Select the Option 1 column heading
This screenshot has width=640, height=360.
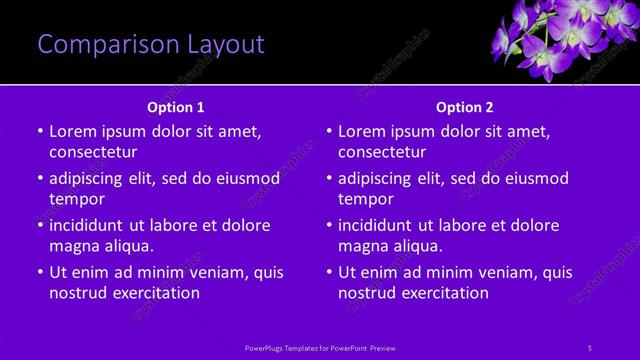176,106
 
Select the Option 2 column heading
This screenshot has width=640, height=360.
465,106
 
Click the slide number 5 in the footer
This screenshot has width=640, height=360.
590,347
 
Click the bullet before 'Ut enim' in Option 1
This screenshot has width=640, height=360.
39,272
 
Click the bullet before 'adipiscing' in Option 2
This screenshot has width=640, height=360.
328,178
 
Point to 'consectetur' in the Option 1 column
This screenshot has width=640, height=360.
93,152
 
